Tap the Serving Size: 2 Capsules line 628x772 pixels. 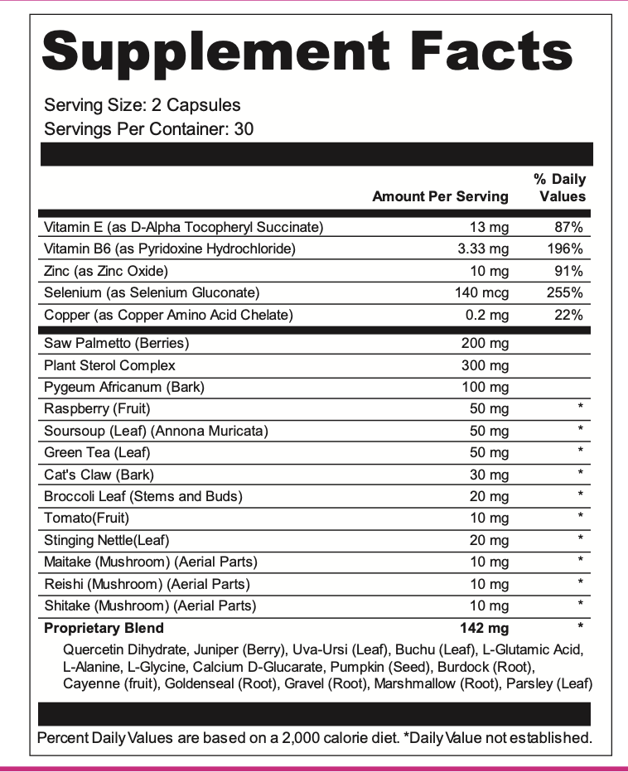[x=143, y=105]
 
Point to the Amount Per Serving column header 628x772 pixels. [x=440, y=196]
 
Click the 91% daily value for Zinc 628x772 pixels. [x=569, y=271]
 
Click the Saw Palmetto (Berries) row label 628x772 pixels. [x=117, y=343]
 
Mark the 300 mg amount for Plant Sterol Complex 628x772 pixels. [x=485, y=365]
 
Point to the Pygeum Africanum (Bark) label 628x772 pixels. [x=124, y=387]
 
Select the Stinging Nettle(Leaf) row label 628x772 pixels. [x=107, y=540]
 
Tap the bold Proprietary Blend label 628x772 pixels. [x=104, y=628]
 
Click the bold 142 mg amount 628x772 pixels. [x=485, y=628]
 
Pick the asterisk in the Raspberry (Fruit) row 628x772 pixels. [x=581, y=408]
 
